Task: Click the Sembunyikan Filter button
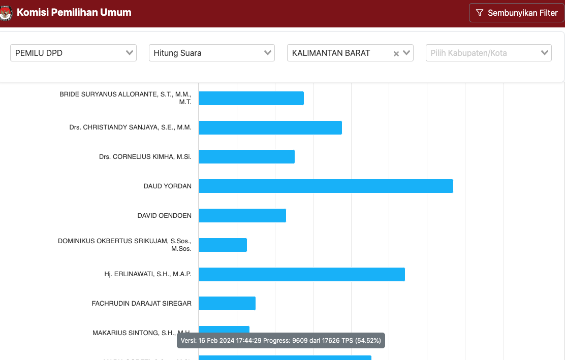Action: click(516, 13)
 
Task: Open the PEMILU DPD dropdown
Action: click(73, 53)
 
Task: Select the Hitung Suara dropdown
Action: click(211, 53)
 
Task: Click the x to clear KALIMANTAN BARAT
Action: click(396, 53)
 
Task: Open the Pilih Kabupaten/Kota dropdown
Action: click(488, 53)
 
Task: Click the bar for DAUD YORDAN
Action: click(326, 186)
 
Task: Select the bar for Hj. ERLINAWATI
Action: click(302, 274)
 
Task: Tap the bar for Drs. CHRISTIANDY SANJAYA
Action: click(270, 127)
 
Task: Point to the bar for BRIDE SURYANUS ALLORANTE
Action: click(251, 98)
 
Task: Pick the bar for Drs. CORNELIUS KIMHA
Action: click(246, 156)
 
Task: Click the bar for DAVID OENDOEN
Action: click(242, 215)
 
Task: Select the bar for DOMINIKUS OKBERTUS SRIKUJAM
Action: click(223, 245)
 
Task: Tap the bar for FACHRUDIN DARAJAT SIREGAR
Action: click(227, 303)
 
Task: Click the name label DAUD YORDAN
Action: click(167, 186)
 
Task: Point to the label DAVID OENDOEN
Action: click(164, 215)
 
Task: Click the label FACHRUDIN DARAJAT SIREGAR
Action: click(141, 303)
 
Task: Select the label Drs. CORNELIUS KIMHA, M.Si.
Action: click(145, 156)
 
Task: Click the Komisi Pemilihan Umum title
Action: click(74, 13)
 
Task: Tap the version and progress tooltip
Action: click(281, 340)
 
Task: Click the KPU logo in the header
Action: click(6, 13)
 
